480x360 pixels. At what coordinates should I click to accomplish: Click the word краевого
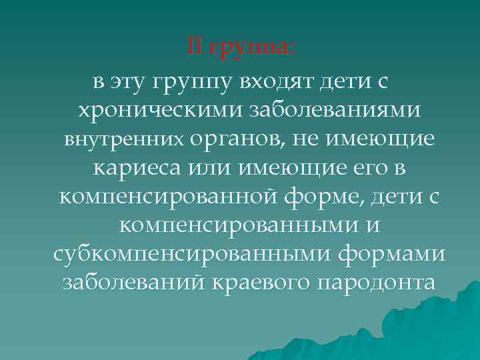[x=259, y=282]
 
